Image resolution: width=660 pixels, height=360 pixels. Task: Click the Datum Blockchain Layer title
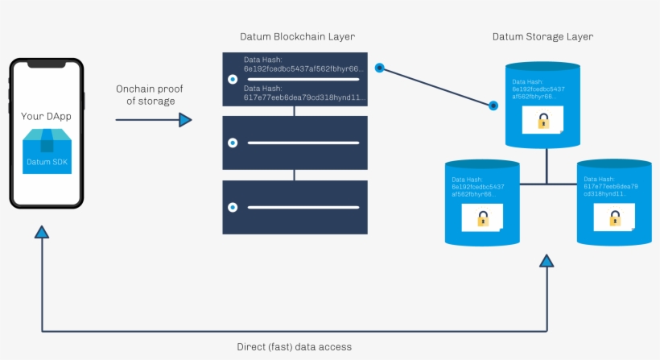click(x=297, y=37)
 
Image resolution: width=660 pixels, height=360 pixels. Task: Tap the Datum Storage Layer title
click(x=543, y=37)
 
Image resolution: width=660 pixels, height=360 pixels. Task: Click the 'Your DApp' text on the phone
click(x=46, y=117)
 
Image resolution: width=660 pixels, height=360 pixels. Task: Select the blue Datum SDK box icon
click(x=47, y=153)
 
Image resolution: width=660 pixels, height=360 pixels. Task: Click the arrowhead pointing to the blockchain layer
click(x=186, y=120)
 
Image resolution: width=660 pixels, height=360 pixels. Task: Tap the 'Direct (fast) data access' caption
click(x=294, y=347)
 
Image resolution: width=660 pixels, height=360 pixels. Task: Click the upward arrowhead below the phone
click(x=42, y=232)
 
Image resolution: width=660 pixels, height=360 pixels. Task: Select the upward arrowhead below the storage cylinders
click(x=547, y=260)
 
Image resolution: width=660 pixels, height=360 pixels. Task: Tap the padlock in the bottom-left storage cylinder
click(x=483, y=217)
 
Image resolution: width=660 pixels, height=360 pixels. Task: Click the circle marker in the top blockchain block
click(x=233, y=80)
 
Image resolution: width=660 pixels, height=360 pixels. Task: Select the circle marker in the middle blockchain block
click(x=233, y=143)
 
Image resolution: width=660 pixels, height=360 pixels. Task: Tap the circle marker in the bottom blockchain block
click(x=233, y=207)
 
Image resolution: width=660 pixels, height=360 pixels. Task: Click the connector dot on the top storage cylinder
click(x=494, y=105)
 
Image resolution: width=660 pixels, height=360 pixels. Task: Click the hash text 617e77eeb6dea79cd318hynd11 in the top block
click(x=304, y=97)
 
